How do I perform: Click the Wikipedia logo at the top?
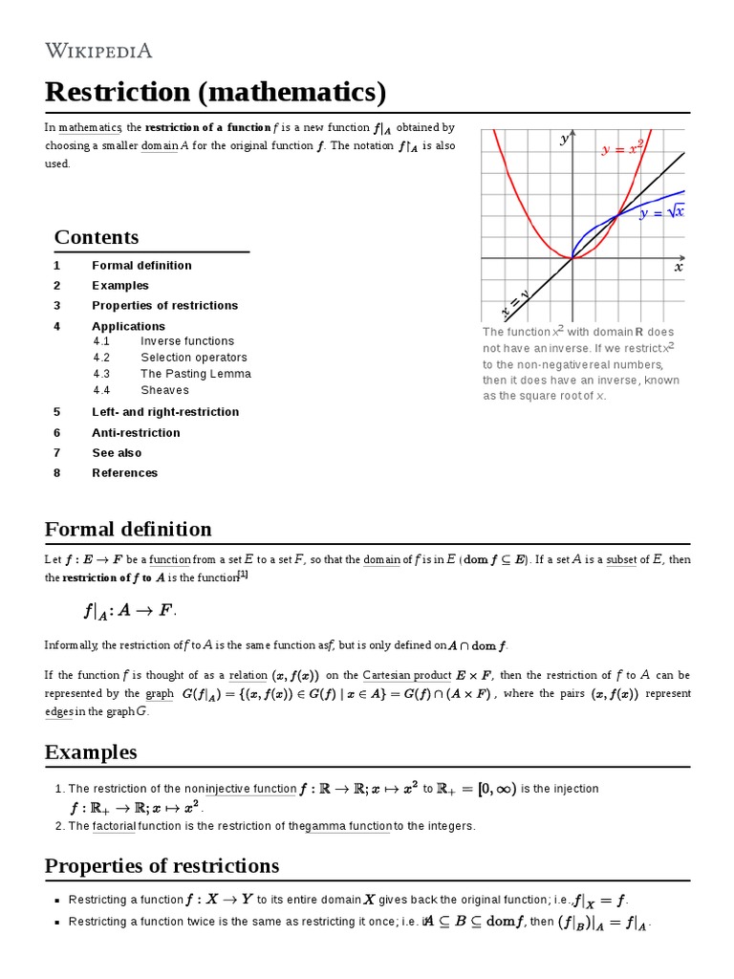98,51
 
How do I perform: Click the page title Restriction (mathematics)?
215,93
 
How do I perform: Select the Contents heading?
97,237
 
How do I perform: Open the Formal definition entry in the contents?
141,266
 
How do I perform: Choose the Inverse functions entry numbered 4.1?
186,341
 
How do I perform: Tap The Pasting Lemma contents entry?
195,374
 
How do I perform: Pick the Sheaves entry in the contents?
164,390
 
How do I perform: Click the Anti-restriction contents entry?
136,433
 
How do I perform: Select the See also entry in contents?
117,453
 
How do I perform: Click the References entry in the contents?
124,473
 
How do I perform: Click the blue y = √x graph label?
662,212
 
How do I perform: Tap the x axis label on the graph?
679,269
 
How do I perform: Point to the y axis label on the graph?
564,140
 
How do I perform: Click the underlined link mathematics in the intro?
90,128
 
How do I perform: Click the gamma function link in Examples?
349,826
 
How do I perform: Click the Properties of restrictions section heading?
162,866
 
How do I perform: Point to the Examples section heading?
91,752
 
